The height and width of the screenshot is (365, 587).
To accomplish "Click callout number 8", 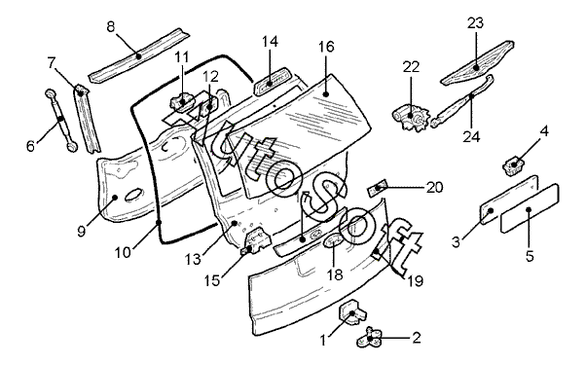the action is tap(111, 27).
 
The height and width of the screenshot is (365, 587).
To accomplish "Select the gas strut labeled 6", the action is tap(61, 120).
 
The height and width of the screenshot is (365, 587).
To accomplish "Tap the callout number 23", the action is tap(475, 23).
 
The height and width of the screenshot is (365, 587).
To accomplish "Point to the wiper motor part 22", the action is tap(410, 118).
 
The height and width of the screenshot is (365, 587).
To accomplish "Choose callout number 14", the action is tap(270, 41).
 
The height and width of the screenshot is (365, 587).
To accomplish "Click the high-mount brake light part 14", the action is tap(273, 82).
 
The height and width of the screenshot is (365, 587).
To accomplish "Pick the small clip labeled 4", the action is tap(514, 164).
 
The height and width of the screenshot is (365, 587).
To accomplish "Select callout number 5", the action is tap(530, 256).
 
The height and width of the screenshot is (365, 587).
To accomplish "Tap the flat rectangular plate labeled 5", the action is tap(530, 208).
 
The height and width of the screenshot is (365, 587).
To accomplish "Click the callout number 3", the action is tap(456, 242).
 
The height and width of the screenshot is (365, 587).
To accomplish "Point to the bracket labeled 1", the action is tap(352, 311).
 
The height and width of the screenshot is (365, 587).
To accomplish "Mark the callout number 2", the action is tap(417, 338).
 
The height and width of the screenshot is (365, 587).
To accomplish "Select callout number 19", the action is tap(415, 280).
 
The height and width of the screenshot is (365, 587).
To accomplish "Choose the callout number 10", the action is tap(123, 252).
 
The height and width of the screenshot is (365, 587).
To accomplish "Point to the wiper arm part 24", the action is tap(462, 101).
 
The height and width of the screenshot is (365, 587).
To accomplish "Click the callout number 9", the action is tap(82, 231).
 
